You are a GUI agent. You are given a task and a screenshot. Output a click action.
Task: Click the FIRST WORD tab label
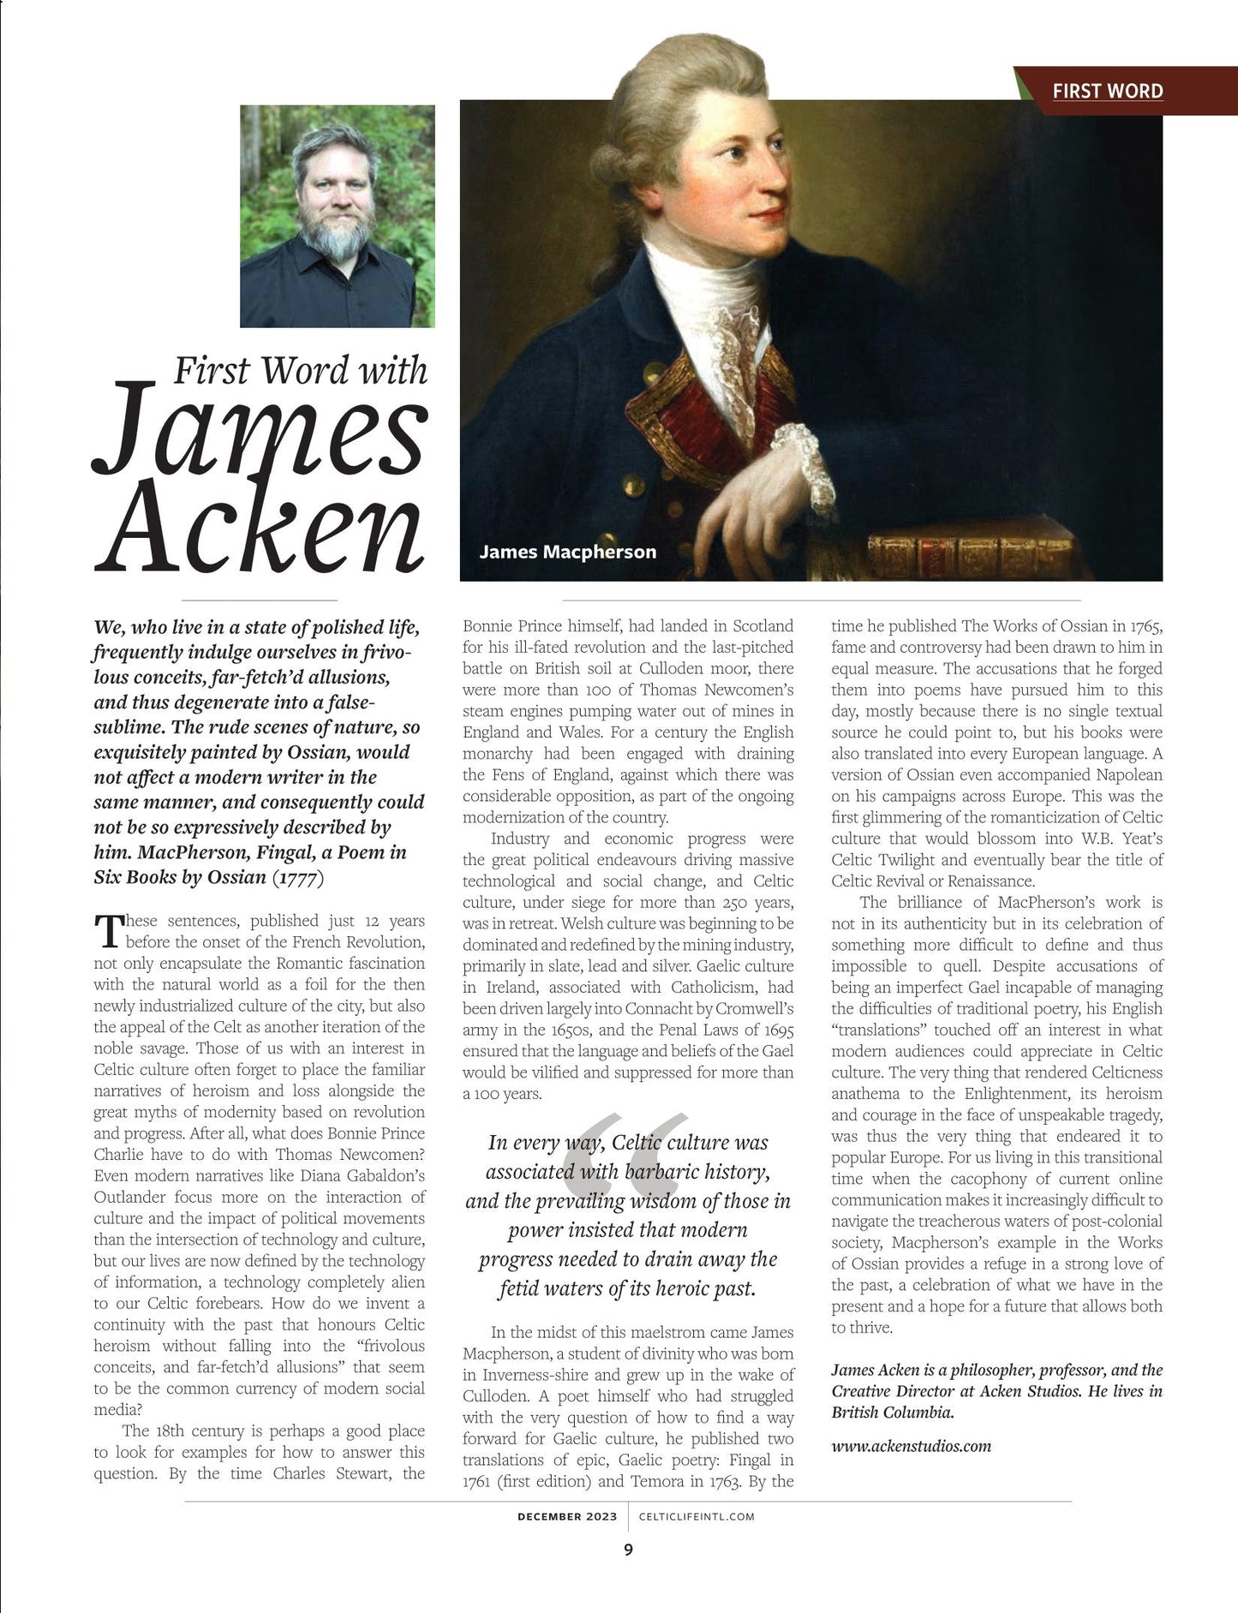pyautogui.click(x=1107, y=91)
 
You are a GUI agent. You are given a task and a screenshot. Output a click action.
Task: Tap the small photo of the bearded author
pyautogui.click(x=337, y=216)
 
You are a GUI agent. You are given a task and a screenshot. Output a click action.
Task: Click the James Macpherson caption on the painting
pyautogui.click(x=567, y=552)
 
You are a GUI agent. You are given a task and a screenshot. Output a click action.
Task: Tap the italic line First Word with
pyautogui.click(x=300, y=370)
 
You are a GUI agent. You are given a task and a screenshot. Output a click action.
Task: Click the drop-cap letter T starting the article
pyautogui.click(x=108, y=931)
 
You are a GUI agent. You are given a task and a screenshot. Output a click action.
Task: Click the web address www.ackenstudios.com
pyautogui.click(x=911, y=1446)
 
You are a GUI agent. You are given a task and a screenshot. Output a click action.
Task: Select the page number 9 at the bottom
pyautogui.click(x=628, y=1550)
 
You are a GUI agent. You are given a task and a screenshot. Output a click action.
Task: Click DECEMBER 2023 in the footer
pyautogui.click(x=567, y=1516)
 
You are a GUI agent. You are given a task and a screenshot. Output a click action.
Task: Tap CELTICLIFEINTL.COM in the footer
pyautogui.click(x=697, y=1516)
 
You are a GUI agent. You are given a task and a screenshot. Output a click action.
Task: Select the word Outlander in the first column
pyautogui.click(x=130, y=1197)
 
